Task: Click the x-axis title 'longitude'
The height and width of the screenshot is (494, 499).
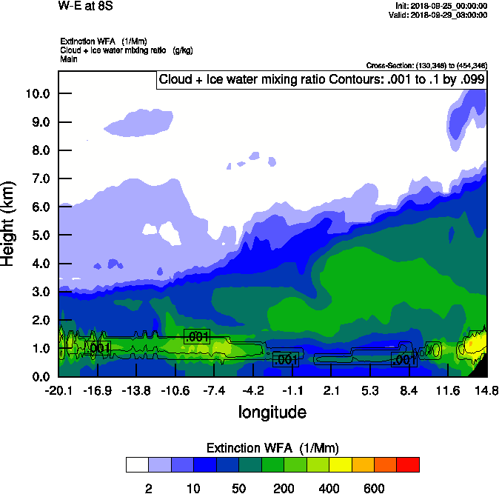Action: (x=272, y=412)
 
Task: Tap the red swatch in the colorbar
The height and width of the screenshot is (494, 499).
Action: (x=408, y=465)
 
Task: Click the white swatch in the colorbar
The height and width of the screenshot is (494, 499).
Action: (x=137, y=465)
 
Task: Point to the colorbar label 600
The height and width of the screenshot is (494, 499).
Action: (x=374, y=488)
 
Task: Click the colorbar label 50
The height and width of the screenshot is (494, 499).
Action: (x=238, y=488)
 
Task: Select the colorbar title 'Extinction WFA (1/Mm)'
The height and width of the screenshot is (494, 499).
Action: (x=272, y=448)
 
